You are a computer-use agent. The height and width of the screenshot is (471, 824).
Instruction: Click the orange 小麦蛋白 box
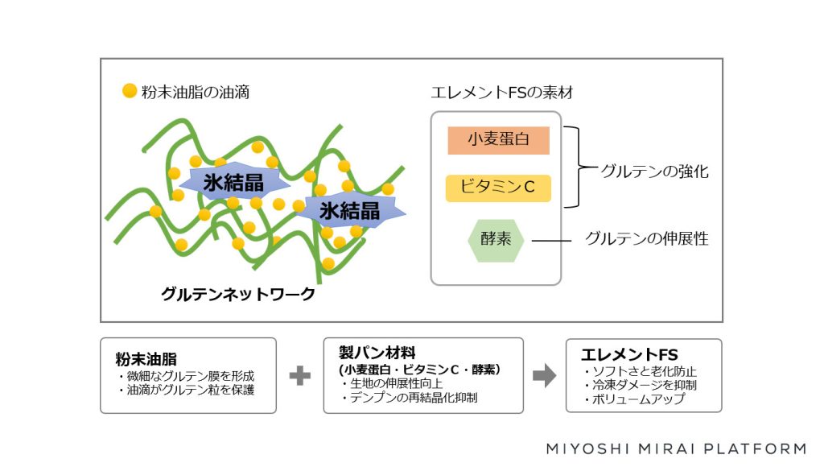(498, 140)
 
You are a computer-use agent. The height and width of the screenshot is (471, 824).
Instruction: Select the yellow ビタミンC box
(498, 188)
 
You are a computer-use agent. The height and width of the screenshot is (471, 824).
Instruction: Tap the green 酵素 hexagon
(496, 240)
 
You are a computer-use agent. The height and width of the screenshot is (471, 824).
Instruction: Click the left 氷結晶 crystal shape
(234, 182)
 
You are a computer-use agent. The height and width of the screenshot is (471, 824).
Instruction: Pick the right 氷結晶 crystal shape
(350, 211)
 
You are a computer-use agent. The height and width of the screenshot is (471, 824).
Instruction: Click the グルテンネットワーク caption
(238, 294)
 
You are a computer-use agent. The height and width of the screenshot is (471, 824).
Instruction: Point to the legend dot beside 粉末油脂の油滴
(130, 91)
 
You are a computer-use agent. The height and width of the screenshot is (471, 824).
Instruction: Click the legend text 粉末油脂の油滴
(196, 92)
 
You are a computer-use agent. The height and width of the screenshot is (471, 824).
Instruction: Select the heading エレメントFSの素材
(502, 93)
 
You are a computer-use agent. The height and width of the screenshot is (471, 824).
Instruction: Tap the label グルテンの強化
(654, 171)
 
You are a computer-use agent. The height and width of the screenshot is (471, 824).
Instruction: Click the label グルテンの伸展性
(647, 238)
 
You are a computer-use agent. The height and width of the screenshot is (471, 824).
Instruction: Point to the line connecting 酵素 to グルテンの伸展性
(551, 241)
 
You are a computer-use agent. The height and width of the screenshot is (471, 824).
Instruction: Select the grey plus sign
(300, 375)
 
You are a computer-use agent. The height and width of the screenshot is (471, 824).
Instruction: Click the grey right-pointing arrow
(545, 375)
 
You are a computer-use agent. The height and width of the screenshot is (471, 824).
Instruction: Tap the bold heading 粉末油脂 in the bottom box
(146, 359)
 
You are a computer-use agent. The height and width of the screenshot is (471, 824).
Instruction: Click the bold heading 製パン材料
(377, 352)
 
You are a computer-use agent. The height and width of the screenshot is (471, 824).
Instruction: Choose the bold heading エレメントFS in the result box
(629, 354)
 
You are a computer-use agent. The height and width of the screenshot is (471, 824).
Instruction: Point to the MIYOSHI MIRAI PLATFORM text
(676, 448)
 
